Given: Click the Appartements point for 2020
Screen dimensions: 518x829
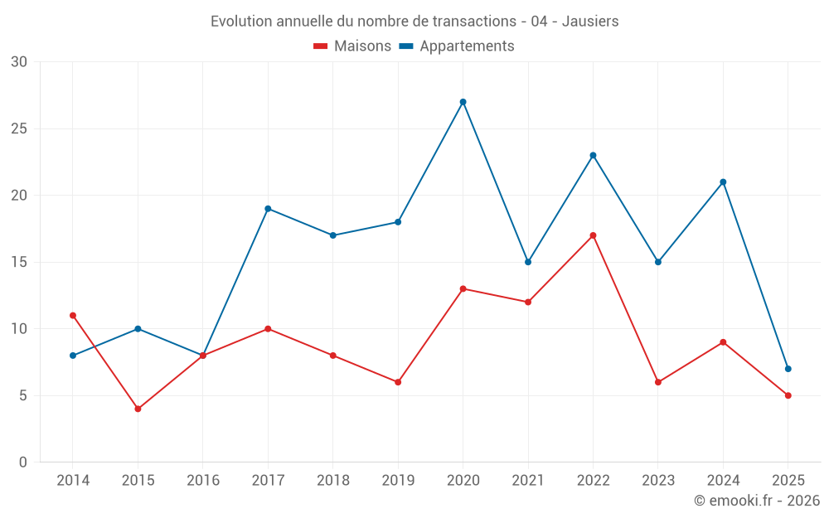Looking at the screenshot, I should pos(463,102).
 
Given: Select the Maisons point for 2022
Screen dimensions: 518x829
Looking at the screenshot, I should pos(593,235).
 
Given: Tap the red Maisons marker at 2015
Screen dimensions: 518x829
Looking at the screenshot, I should pos(138,409).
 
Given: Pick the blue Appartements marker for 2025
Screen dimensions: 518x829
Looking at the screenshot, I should pos(788,369).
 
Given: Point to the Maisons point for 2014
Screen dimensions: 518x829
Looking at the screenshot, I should pos(73,316).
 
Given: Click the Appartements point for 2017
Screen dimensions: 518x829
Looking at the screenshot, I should pos(268,209).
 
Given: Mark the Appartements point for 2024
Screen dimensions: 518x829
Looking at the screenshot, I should pos(723,182).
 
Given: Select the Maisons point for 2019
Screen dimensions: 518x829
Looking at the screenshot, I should pos(398,382).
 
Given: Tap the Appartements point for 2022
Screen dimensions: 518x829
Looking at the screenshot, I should pos(593,156).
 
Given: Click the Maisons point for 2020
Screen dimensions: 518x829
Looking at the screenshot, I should pos(463,288).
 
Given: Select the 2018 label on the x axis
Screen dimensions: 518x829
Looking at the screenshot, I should pos(332,481).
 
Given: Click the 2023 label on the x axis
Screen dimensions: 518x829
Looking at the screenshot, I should pos(658,481).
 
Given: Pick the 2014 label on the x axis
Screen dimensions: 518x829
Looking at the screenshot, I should pos(73,481).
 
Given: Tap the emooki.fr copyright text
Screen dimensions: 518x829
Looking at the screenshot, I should pos(756,501).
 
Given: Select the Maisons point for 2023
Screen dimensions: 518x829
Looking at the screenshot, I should pos(658,382).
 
